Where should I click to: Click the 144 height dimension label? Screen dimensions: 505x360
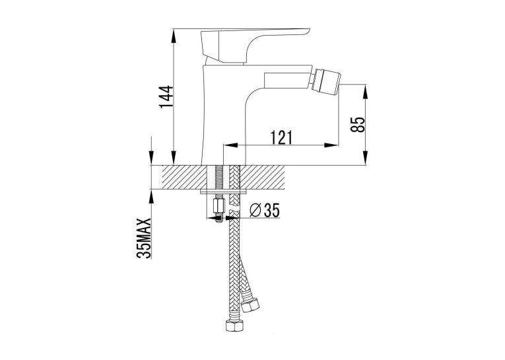[x=167, y=97]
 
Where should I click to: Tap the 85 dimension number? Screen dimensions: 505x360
[x=358, y=124]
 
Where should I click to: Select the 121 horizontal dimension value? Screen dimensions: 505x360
[x=282, y=137]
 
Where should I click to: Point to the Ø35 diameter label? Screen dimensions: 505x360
[x=265, y=211]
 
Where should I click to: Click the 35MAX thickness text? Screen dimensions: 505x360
[x=144, y=238]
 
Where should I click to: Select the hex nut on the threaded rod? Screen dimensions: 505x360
[x=219, y=204]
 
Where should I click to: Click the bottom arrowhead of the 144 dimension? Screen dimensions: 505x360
[x=174, y=159]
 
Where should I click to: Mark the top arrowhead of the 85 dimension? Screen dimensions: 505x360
[x=366, y=91]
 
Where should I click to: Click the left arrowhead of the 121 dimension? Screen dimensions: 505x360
[x=230, y=145]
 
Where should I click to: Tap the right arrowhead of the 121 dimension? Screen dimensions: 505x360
[x=331, y=145]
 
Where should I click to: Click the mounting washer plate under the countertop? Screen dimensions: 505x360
[x=224, y=192]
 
